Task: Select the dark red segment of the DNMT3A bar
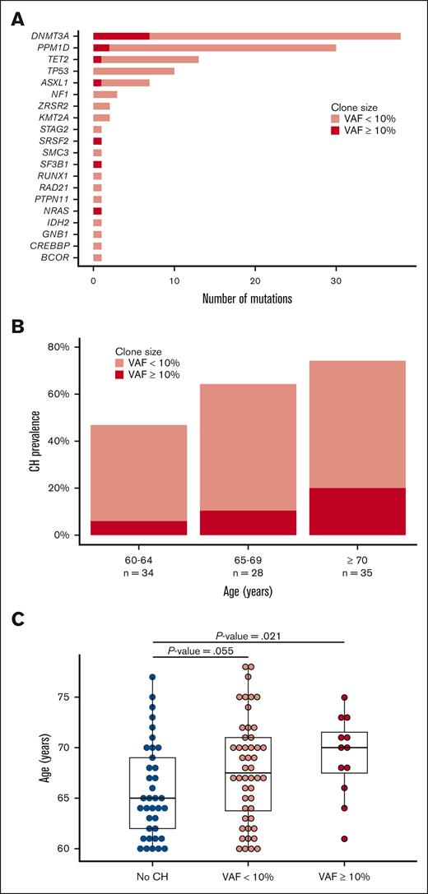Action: coord(121,36)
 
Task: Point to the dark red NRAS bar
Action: coord(97,211)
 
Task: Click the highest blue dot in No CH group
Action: coord(152,678)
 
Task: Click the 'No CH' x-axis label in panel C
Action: coord(152,875)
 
